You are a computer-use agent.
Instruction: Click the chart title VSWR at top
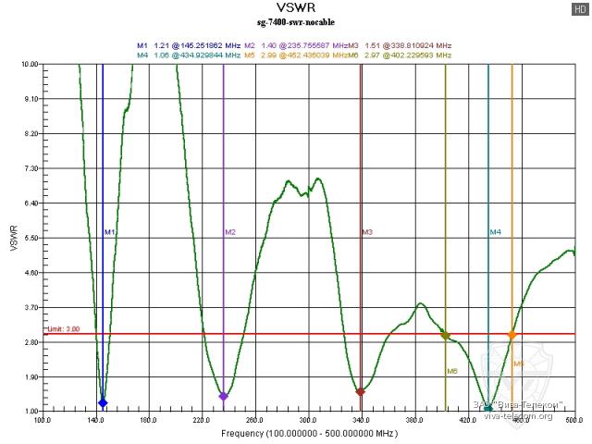(x=296, y=9)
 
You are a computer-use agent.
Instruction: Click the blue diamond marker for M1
(x=103, y=402)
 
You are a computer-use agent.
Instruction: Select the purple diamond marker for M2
(x=223, y=396)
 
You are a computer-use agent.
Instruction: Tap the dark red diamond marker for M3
(x=361, y=392)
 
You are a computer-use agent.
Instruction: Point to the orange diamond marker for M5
(x=512, y=335)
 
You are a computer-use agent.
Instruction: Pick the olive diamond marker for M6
(x=446, y=336)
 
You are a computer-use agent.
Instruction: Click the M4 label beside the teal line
(x=495, y=231)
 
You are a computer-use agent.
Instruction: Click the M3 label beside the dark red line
(x=367, y=231)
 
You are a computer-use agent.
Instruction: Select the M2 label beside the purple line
(x=230, y=231)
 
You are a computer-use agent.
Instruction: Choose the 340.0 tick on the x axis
(x=361, y=420)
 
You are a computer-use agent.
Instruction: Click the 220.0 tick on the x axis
(x=202, y=420)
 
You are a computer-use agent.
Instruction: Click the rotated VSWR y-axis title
(x=12, y=238)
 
